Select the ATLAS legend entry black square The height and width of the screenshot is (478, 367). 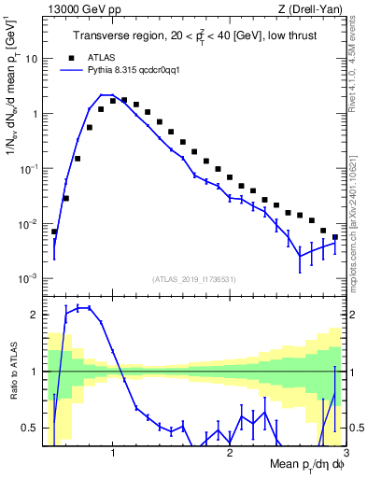click(69, 56)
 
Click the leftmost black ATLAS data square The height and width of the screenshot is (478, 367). click(54, 232)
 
